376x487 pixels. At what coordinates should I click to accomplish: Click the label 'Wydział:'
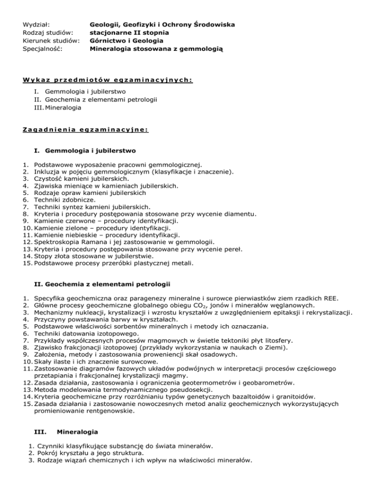(x=39, y=24)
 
